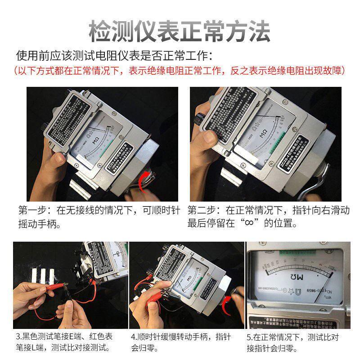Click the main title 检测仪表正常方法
click(180, 31)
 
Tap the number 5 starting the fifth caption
click(249, 337)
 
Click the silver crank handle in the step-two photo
click(315, 184)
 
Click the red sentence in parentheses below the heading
click(180, 71)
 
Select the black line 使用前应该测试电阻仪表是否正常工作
click(112, 56)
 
